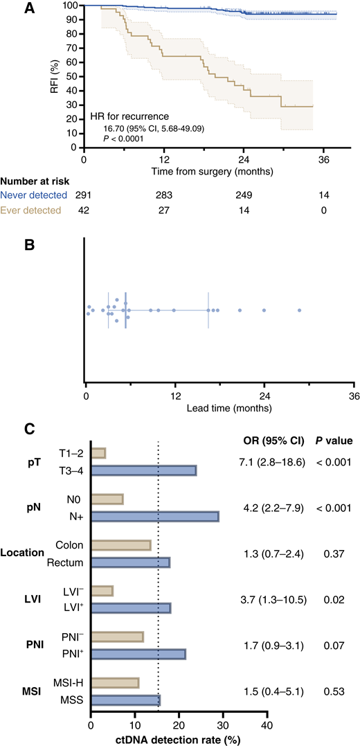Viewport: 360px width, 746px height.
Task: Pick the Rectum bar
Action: pyautogui.click(x=130, y=562)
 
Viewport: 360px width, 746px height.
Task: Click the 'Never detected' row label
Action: pyautogui.click(x=34, y=195)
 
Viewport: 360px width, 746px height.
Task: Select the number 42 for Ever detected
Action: pyautogui.click(x=84, y=210)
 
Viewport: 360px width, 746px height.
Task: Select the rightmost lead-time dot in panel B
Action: pyautogui.click(x=300, y=310)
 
